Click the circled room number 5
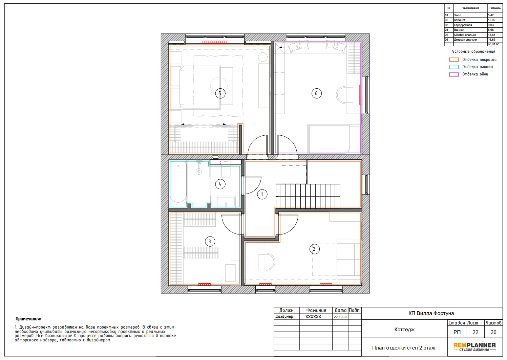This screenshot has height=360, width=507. (220, 93)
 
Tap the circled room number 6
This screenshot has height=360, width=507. (316, 93)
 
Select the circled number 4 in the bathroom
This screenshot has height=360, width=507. (220, 184)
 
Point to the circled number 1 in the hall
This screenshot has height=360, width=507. (262, 194)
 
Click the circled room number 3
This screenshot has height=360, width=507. (210, 242)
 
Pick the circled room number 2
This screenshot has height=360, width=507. (314, 249)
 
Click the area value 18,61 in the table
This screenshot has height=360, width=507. (491, 35)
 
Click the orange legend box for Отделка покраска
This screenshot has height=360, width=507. (454, 60)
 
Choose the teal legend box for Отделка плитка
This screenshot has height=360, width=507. (454, 67)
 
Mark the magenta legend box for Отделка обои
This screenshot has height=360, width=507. (454, 74)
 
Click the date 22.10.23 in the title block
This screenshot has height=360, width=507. (340, 317)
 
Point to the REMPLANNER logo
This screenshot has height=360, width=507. (474, 347)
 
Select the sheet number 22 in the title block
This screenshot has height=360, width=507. (475, 332)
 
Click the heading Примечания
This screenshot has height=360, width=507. (28, 319)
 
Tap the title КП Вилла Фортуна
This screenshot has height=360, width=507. (431, 313)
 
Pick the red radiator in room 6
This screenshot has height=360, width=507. (360, 95)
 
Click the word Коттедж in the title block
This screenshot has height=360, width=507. (404, 330)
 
